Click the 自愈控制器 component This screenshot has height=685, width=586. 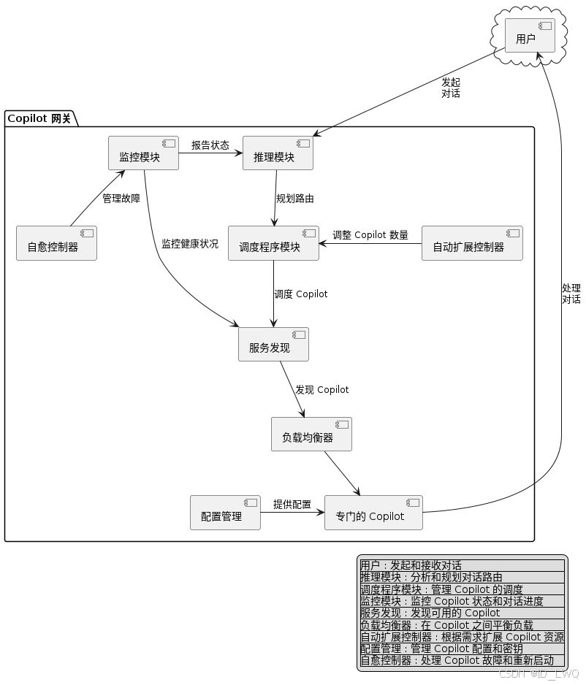56,243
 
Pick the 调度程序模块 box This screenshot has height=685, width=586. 273,243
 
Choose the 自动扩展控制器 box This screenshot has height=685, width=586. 472,243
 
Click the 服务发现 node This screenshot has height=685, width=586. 273,344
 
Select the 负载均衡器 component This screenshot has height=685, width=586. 311,434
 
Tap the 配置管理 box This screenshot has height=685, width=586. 225,513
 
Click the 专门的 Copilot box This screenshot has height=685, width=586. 373,513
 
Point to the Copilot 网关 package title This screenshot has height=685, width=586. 39,118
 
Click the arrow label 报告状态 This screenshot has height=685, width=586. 210,145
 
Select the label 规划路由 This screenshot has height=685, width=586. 295,198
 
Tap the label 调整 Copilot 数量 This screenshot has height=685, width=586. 370,234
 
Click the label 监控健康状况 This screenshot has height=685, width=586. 190,243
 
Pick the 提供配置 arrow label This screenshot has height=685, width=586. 292,504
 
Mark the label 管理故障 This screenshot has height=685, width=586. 121,197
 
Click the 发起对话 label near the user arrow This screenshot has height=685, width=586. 451,88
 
